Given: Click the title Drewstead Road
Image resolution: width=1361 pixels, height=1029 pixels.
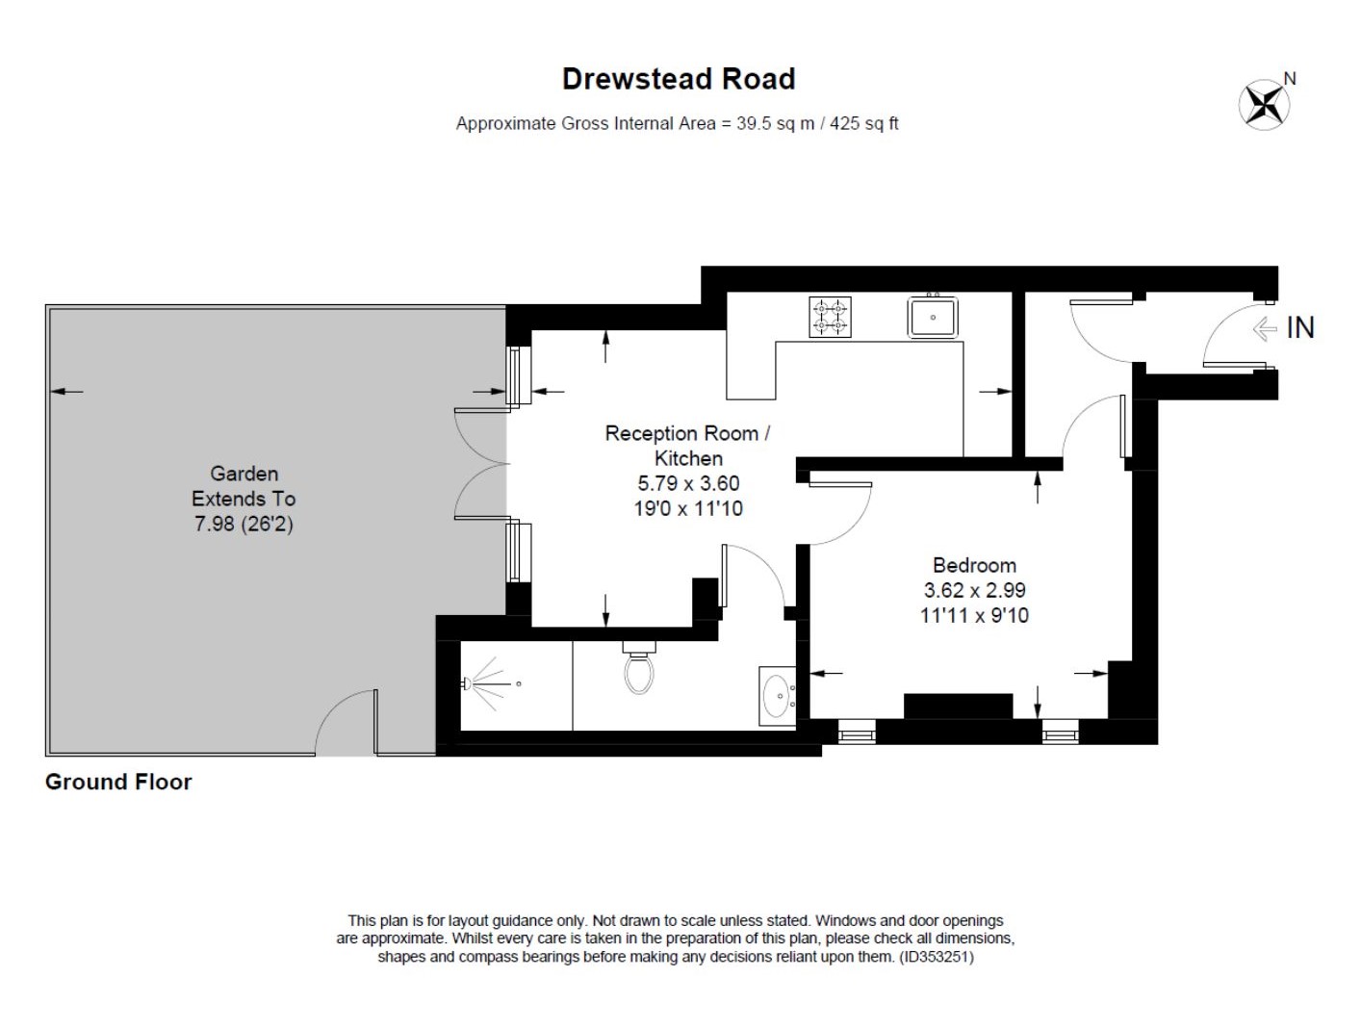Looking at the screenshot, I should click(x=679, y=79).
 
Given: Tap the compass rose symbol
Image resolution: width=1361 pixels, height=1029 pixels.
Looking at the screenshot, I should click(x=1263, y=104).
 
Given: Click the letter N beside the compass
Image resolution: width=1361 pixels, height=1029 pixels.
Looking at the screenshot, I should click(x=1290, y=79).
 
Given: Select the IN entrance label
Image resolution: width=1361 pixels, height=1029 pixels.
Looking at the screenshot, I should click(x=1300, y=328).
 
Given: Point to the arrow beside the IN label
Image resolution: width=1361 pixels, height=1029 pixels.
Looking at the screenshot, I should click(x=1264, y=329).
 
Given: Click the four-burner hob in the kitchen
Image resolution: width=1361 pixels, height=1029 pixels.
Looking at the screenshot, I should click(x=830, y=317).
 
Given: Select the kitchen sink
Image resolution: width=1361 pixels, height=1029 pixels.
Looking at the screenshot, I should click(x=933, y=317).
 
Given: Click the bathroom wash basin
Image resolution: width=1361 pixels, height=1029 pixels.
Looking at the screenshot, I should click(x=777, y=694).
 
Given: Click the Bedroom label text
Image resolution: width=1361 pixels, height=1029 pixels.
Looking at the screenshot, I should click(x=974, y=565).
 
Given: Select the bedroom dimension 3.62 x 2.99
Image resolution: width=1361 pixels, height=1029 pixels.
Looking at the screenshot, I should click(x=974, y=590).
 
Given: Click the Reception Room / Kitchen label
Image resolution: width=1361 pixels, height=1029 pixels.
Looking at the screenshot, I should click(x=687, y=446).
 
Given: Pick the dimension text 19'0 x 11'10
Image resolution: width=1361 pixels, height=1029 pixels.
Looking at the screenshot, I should click(x=687, y=508).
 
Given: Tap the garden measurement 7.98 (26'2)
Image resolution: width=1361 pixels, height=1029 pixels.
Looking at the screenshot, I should click(x=244, y=524).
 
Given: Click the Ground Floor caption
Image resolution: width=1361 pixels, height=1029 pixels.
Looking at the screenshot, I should click(x=118, y=782).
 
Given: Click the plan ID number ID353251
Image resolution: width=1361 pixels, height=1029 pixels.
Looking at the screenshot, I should click(x=937, y=958).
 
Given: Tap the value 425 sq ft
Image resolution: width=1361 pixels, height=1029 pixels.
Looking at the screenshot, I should click(x=863, y=123).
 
